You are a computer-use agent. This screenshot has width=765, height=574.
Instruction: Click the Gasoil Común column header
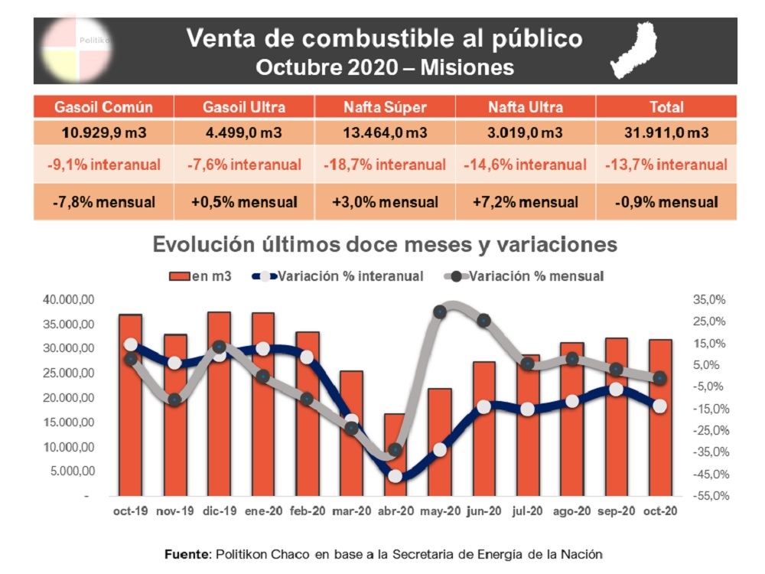pos(103,107)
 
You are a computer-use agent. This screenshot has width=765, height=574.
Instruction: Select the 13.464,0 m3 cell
pos(385,132)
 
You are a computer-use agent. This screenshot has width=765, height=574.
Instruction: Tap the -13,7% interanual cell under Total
pos(666,165)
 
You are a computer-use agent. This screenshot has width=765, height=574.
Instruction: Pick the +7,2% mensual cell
pos(526,203)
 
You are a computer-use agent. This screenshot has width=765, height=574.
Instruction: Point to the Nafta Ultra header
pos(526,107)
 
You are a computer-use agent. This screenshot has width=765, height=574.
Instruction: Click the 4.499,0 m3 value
pos(244,132)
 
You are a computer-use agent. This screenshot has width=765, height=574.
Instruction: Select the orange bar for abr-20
pos(395,455)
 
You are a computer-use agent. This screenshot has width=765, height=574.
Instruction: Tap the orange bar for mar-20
pos(351,433)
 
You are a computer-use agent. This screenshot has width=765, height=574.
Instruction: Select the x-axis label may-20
pos(438,511)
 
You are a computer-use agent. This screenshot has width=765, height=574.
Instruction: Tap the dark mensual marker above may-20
pos(440,312)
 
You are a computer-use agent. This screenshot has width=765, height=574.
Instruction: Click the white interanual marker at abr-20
pos(396,476)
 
